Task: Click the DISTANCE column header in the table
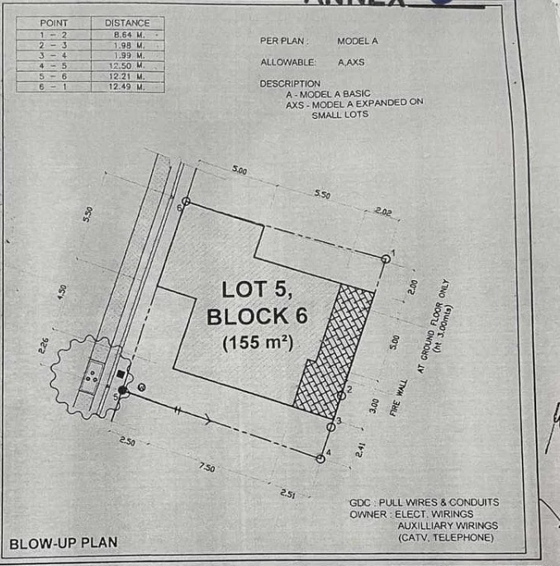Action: point(126,23)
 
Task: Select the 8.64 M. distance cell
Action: point(126,35)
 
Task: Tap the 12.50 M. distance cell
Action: point(126,64)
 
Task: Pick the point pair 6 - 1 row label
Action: point(53,84)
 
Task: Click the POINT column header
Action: point(53,23)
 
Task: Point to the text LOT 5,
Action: point(257,290)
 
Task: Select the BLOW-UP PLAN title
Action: point(63,544)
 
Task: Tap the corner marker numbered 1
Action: point(386,259)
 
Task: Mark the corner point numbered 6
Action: point(186,202)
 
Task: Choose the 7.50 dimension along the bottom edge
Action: point(206,468)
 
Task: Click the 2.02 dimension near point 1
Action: point(382,212)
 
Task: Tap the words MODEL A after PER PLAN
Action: point(357,41)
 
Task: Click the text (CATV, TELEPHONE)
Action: point(445,538)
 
